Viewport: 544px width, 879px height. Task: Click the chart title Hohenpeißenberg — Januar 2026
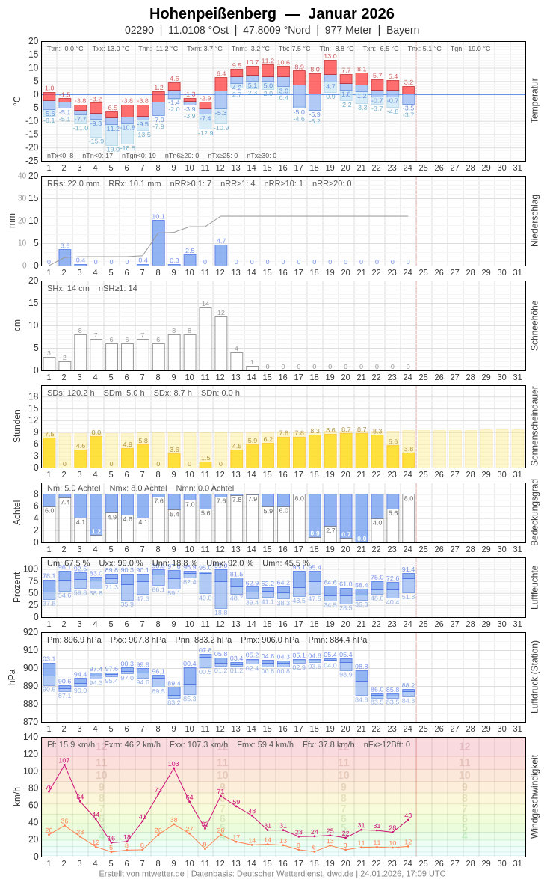point(272,13)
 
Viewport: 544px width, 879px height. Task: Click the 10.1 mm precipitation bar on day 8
point(158,242)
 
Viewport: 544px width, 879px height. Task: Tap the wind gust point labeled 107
point(64,765)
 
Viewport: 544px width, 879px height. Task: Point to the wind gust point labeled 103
point(174,768)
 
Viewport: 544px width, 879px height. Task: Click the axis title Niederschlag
point(534,221)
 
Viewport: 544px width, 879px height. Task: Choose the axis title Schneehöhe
point(534,325)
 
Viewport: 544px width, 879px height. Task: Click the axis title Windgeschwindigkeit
point(534,796)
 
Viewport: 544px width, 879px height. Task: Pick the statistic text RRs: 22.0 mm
point(73,183)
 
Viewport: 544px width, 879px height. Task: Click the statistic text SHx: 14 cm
point(68,288)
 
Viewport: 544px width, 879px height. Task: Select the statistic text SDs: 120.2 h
point(71,393)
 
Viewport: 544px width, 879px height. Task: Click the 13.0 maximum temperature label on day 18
point(330,56)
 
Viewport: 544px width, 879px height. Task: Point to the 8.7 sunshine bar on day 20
point(346,450)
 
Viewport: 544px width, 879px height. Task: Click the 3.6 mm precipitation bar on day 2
point(65,257)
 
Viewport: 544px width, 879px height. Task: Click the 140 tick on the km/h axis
point(30,737)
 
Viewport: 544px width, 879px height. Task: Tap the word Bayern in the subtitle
point(403,30)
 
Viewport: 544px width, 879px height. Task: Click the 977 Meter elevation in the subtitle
point(348,30)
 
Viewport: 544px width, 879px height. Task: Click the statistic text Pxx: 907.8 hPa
point(138,640)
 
